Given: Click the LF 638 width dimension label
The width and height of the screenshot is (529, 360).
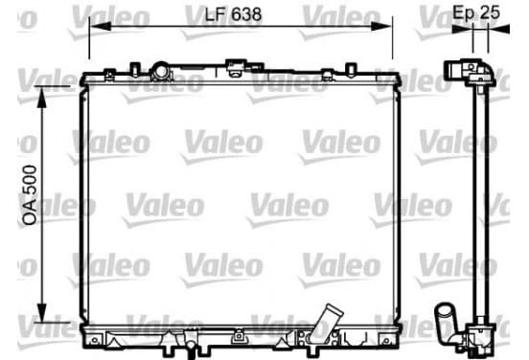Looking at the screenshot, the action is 233,14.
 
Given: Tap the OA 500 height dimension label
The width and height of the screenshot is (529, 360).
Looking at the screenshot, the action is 30,195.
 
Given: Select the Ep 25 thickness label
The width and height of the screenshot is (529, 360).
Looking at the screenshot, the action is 476,12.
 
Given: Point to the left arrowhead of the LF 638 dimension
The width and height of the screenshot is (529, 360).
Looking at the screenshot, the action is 101,26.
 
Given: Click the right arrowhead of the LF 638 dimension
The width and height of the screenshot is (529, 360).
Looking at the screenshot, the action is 381,26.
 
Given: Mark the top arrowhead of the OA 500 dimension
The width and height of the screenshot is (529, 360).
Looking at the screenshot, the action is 41,97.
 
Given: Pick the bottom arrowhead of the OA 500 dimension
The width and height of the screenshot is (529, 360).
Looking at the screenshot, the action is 41,312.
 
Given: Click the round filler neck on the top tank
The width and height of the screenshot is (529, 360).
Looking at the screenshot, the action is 161,72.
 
